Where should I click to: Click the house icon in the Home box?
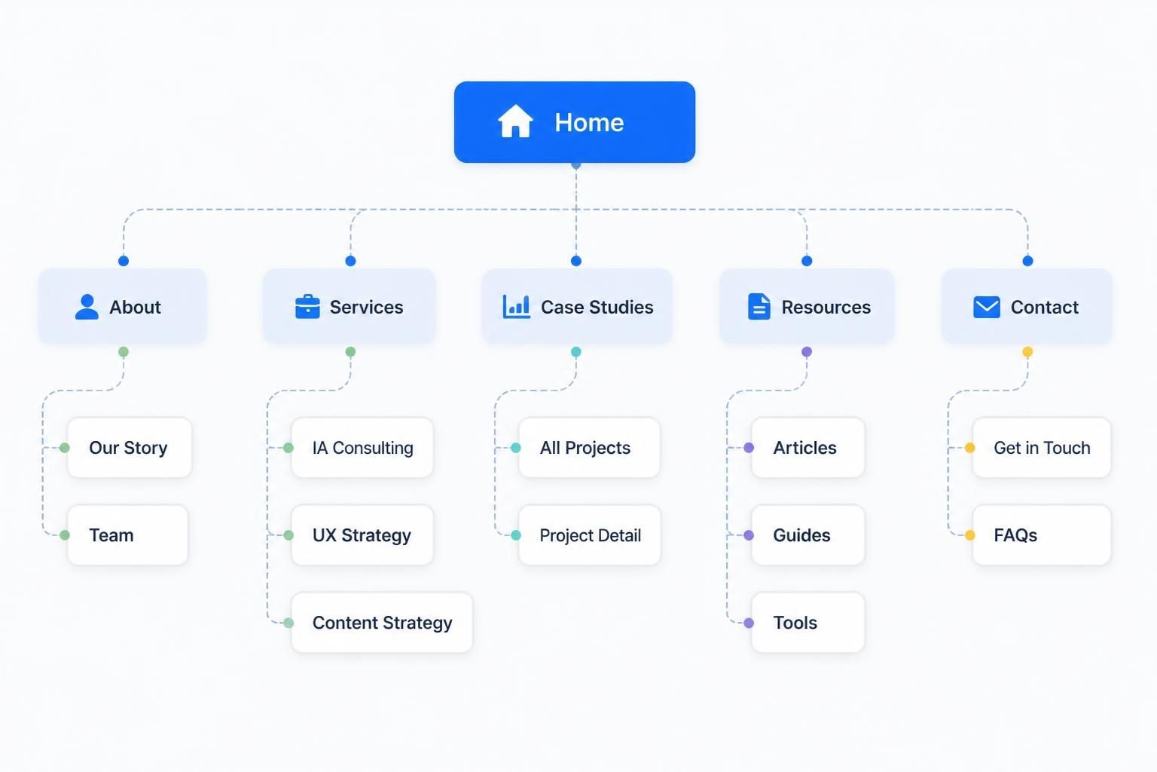(515, 121)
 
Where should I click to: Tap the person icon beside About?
(87, 307)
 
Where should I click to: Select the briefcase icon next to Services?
(307, 307)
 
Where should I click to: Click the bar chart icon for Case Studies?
(516, 306)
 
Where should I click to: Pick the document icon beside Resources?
(759, 306)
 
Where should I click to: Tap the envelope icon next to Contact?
(987, 307)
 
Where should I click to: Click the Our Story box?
(130, 447)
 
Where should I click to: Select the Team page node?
(127, 535)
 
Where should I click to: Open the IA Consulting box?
(362, 447)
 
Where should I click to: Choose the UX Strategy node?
(362, 535)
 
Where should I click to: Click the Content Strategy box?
(382, 622)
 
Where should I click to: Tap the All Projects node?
(589, 447)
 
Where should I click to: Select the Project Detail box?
(589, 535)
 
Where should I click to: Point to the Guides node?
(807, 535)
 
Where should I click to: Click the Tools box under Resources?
(807, 622)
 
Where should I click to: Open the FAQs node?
(1041, 535)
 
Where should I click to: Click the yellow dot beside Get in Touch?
(969, 447)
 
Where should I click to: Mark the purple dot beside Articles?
(749, 447)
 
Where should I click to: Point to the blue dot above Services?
(350, 261)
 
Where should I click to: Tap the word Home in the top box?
(589, 123)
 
